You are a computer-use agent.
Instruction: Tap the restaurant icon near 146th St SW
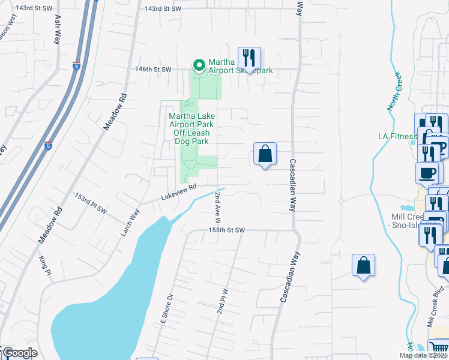(x=249, y=58)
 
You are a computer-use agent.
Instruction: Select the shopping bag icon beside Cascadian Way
(x=265, y=154)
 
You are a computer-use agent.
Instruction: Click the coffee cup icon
(x=427, y=173)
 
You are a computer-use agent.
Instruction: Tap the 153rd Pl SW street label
(x=91, y=203)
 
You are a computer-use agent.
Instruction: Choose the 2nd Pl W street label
(x=223, y=302)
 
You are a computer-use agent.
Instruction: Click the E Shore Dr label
(x=168, y=305)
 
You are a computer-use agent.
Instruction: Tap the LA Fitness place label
(x=397, y=136)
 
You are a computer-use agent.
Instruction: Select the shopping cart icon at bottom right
(x=438, y=349)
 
